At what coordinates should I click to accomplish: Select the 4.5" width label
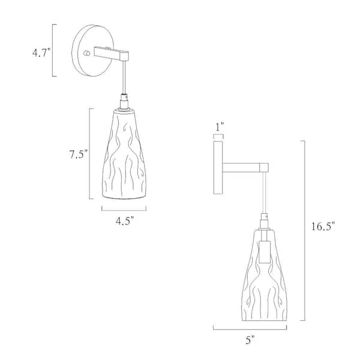coord(123,220)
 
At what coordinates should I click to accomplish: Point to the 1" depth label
coord(219,126)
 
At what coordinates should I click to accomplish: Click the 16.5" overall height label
coord(323,226)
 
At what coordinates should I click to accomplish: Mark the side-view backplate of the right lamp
coord(218,165)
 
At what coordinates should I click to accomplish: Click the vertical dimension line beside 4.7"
coord(54,50)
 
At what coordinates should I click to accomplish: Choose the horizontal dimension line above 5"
coord(250,328)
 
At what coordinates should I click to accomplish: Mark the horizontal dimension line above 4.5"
coord(123,208)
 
